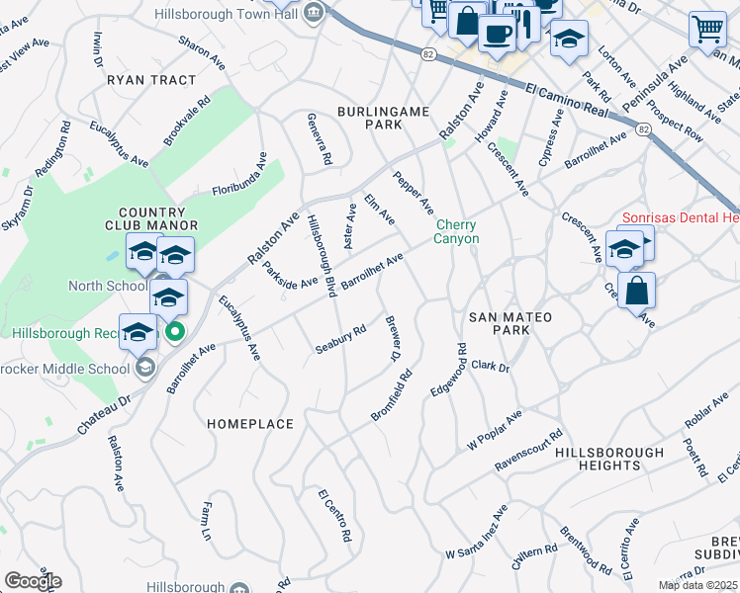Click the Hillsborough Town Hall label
(229, 13)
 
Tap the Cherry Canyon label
(457, 231)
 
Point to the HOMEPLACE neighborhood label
(250, 424)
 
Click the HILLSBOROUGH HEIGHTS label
(609, 459)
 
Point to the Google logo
(33, 581)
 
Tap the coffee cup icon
(497, 32)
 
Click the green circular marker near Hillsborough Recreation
(174, 331)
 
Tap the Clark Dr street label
(490, 367)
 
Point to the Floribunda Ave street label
(239, 173)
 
